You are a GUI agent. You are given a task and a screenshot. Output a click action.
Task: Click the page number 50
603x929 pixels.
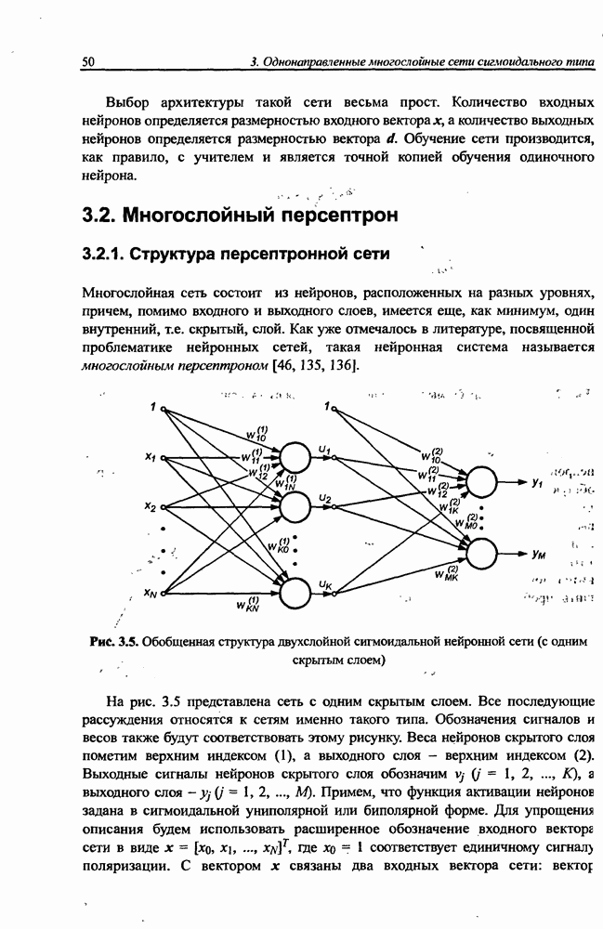89,61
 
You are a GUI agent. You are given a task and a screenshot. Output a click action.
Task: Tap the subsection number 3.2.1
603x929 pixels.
103,253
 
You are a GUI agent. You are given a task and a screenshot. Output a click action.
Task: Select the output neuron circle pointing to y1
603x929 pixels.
481,482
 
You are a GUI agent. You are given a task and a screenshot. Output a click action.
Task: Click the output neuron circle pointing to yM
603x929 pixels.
481,553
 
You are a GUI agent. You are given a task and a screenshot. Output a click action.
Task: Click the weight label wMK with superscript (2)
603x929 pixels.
445,575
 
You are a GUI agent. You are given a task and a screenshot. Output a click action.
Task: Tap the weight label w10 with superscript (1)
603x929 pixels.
257,434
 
